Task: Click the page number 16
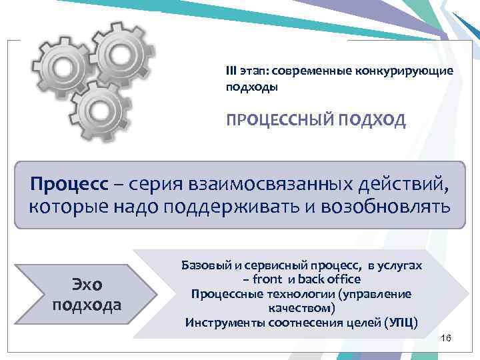(446, 340)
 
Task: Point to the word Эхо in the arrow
(87, 285)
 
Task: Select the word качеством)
(301, 309)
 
